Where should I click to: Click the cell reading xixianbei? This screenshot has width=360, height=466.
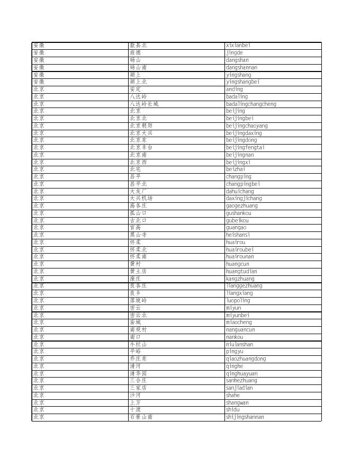tap(238, 46)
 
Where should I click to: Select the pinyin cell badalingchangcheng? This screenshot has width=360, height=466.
tap(251, 104)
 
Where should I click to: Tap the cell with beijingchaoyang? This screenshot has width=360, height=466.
tap(247, 126)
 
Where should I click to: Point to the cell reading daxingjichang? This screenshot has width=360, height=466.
tap(244, 199)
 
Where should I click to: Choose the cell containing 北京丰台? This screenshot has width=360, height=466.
tap(141, 148)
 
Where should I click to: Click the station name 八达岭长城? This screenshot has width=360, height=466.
tap(144, 104)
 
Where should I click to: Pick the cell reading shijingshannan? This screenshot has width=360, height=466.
tap(245, 417)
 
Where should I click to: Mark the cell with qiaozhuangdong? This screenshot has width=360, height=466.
tap(246, 359)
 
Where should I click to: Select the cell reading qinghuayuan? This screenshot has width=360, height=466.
tap(241, 374)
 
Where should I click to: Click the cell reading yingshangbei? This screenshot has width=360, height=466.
tap(242, 82)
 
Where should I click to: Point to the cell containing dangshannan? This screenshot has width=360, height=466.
tap(241, 68)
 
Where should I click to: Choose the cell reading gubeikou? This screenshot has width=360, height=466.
tap(237, 221)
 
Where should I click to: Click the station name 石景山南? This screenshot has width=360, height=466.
tap(141, 417)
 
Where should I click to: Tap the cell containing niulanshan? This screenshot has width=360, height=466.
tap(239, 345)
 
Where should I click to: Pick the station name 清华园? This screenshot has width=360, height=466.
tap(138, 374)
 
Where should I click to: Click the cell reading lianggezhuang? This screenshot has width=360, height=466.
tap(244, 286)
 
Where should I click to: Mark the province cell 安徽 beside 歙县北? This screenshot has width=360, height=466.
tap(39, 46)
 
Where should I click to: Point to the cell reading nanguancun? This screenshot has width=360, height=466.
tap(240, 330)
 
